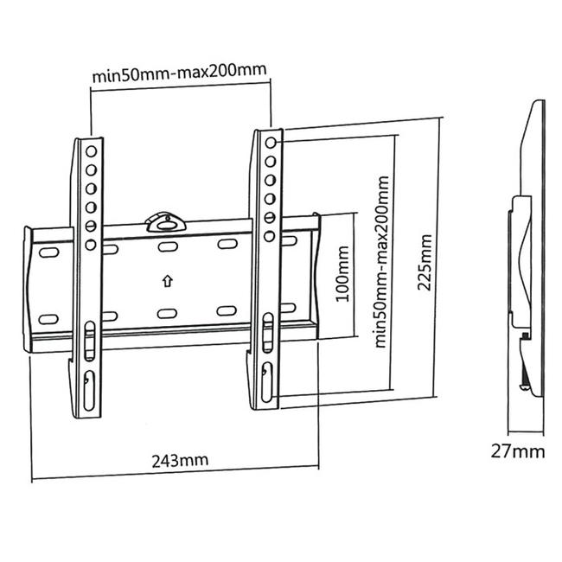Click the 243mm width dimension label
176,460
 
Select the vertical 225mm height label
424,262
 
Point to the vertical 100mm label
342,273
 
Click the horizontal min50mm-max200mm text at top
178,74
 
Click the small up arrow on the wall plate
166,280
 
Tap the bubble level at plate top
164,220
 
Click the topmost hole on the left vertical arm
90,150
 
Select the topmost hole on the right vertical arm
271,143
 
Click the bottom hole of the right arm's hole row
269,235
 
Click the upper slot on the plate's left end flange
48,254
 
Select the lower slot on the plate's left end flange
48,318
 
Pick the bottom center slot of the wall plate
168,312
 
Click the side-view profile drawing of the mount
527,259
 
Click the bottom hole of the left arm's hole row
90,245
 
